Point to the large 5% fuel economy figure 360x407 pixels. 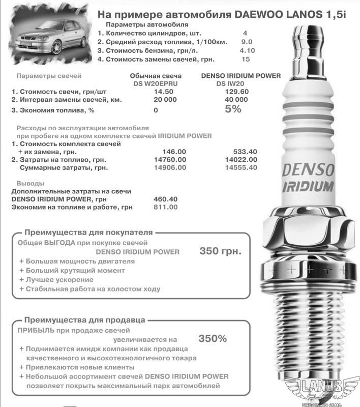233,109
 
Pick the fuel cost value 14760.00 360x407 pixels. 169,159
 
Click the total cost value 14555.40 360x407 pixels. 240,167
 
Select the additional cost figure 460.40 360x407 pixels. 165,199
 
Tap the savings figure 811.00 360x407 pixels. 165,207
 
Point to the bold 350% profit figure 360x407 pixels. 213,338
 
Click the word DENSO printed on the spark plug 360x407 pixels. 309,169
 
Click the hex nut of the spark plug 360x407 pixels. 309,231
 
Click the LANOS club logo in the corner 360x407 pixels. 328,389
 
